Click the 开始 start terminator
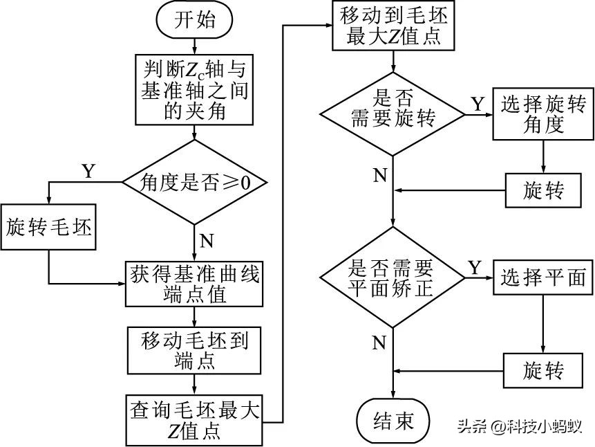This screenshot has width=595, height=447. point(194,21)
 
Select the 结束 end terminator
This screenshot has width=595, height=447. point(393,420)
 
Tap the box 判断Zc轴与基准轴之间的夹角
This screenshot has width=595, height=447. point(195,90)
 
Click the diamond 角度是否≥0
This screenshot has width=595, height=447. point(195,183)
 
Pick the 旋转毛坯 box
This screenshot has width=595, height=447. point(48,227)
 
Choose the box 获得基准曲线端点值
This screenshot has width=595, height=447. point(195,284)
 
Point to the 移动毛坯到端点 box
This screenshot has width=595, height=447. point(195,350)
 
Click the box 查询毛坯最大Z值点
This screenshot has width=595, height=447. point(195,420)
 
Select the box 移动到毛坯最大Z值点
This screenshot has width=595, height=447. point(393,26)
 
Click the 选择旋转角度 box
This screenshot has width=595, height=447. point(542,114)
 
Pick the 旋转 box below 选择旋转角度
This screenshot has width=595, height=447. point(543,190)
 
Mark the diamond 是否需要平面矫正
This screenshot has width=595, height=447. point(393,277)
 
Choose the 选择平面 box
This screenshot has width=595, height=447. point(542,277)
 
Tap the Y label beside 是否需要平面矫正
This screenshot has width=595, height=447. point(475,266)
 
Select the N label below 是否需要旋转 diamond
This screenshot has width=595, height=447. point(379,174)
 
